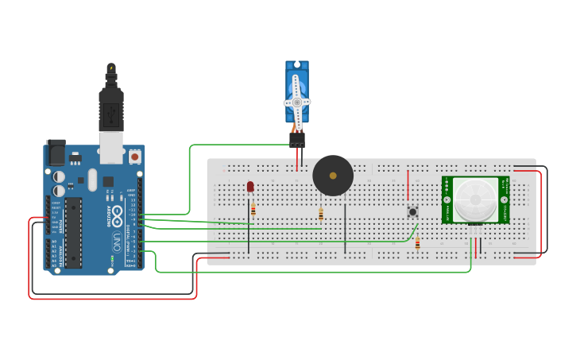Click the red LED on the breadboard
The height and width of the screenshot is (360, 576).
[250, 186]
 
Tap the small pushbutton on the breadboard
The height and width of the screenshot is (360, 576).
[412, 211]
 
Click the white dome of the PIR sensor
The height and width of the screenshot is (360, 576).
[475, 199]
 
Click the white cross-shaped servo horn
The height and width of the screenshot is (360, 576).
[297, 102]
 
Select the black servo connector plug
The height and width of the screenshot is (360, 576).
[297, 138]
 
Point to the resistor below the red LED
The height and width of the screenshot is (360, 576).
[253, 210]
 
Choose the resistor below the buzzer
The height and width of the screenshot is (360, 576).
[321, 214]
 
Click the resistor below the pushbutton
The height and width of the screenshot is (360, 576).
[418, 244]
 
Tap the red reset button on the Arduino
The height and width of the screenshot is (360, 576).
[134, 157]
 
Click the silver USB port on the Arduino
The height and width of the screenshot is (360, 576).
[111, 148]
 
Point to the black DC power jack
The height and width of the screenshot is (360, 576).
[56, 152]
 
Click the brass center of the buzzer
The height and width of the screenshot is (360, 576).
[333, 175]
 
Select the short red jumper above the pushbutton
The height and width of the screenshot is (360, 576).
[408, 184]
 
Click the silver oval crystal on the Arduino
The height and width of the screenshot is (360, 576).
[93, 180]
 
